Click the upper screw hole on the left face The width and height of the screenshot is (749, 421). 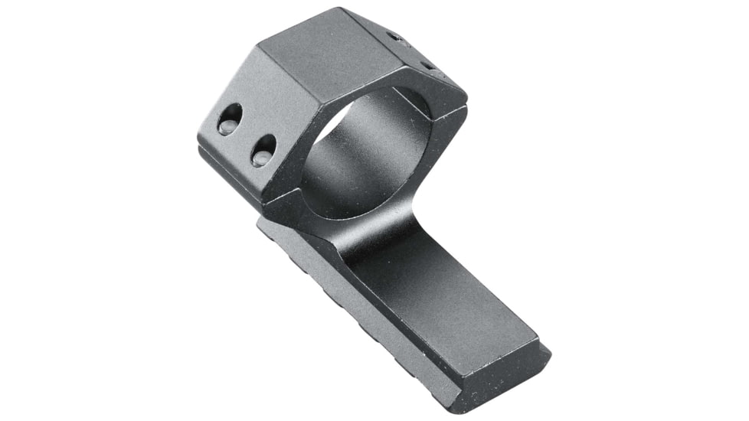tap(228, 119)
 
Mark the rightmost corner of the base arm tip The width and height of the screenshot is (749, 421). tap(549, 354)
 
